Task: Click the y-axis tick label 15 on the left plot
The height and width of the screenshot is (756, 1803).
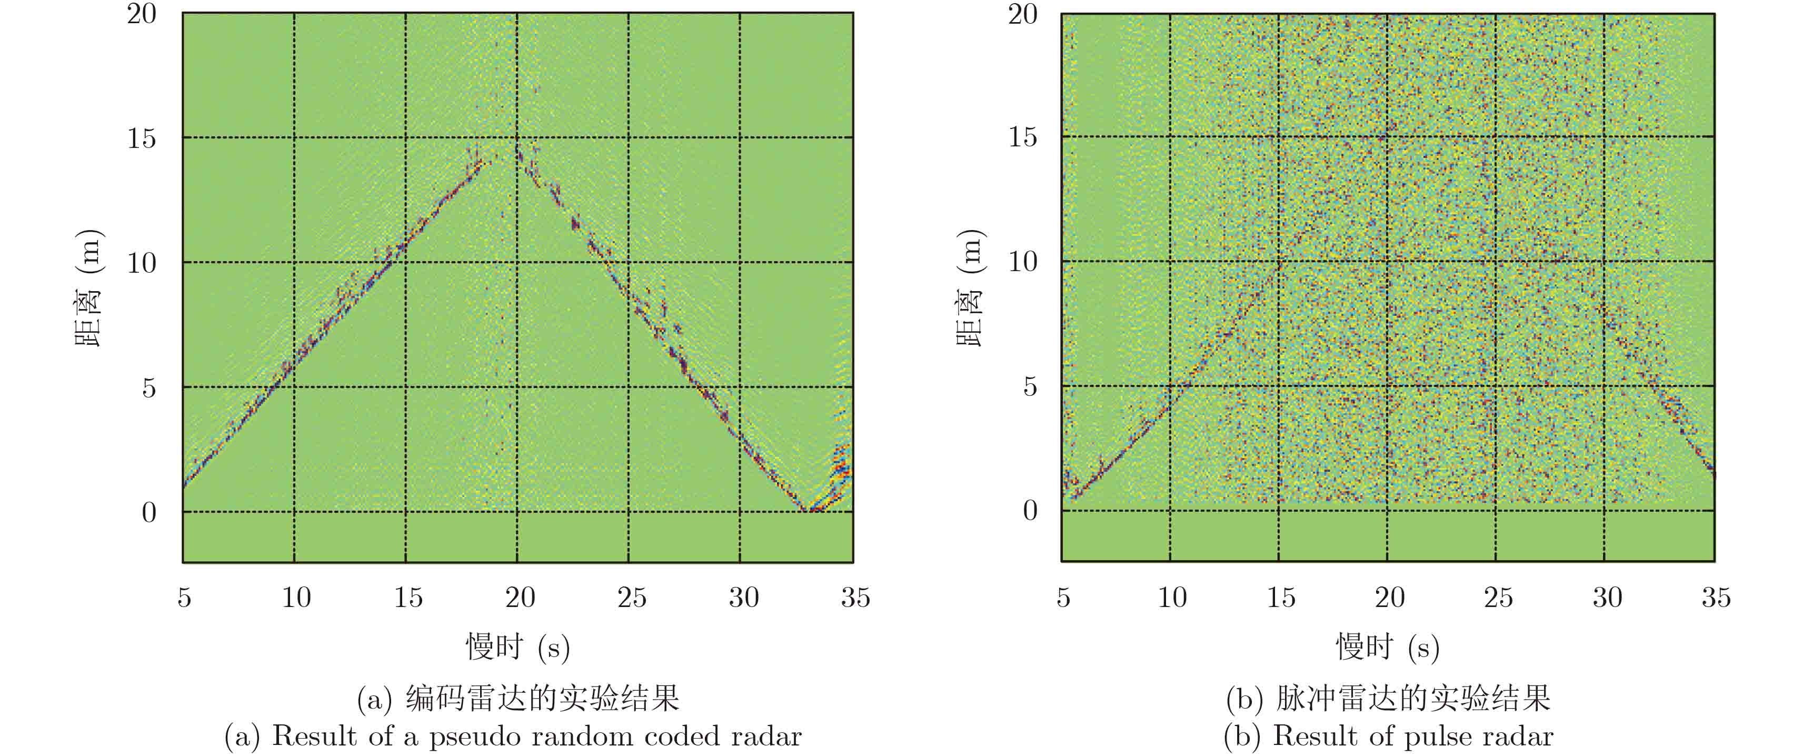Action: pyautogui.click(x=142, y=138)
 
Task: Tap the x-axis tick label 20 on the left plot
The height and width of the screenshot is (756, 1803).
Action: pyautogui.click(x=520, y=597)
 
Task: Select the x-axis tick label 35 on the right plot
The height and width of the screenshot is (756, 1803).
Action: pyautogui.click(x=1716, y=597)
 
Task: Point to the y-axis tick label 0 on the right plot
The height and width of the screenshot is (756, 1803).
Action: pyautogui.click(x=1030, y=510)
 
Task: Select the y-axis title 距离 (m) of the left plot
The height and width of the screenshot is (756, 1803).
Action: pyautogui.click(x=89, y=287)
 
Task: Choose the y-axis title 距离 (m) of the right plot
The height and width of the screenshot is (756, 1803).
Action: pyautogui.click(x=970, y=287)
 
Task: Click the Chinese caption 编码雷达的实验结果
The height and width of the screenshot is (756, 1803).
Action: pyautogui.click(x=542, y=698)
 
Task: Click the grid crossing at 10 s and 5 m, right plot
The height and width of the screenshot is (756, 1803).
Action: pyautogui.click(x=1170, y=386)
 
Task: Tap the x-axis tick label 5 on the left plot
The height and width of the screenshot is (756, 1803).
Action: pyautogui.click(x=184, y=597)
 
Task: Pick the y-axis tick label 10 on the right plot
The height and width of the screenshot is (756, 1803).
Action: pyautogui.click(x=1023, y=261)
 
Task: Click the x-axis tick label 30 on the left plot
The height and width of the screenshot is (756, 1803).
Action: pyautogui.click(x=743, y=597)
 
